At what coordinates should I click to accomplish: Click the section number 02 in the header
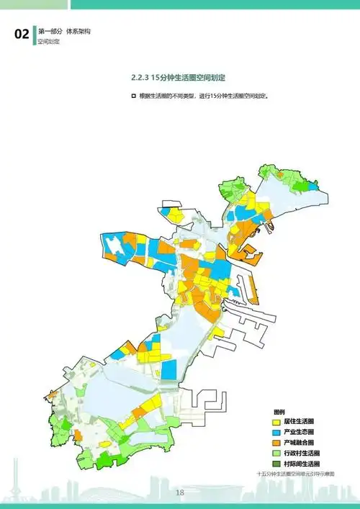(x=22, y=35)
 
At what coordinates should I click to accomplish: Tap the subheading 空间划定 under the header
(x=49, y=42)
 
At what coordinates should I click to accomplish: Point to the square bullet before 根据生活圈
(x=134, y=96)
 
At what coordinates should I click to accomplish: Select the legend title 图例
(x=279, y=411)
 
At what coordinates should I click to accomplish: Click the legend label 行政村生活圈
(x=301, y=453)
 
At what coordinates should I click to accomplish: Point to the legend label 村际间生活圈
(x=301, y=464)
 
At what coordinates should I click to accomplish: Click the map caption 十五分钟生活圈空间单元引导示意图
(x=296, y=474)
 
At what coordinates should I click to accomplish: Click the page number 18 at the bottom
(x=180, y=492)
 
